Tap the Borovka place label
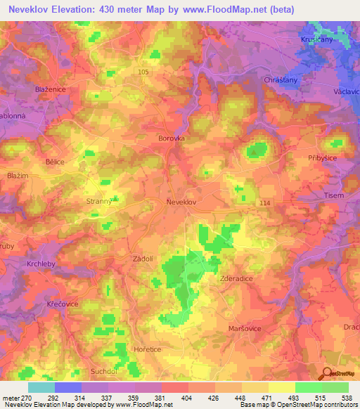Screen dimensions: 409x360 pyautogui.click(x=172, y=138)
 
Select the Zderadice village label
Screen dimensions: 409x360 pyautogui.click(x=237, y=278)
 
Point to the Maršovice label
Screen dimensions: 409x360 pyautogui.click(x=246, y=328)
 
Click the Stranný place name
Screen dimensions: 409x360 pyautogui.click(x=99, y=202)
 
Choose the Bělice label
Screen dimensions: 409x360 pyautogui.click(x=54, y=162)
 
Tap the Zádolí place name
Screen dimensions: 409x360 pyautogui.click(x=143, y=259)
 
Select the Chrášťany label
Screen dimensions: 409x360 pyautogui.click(x=281, y=81)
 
